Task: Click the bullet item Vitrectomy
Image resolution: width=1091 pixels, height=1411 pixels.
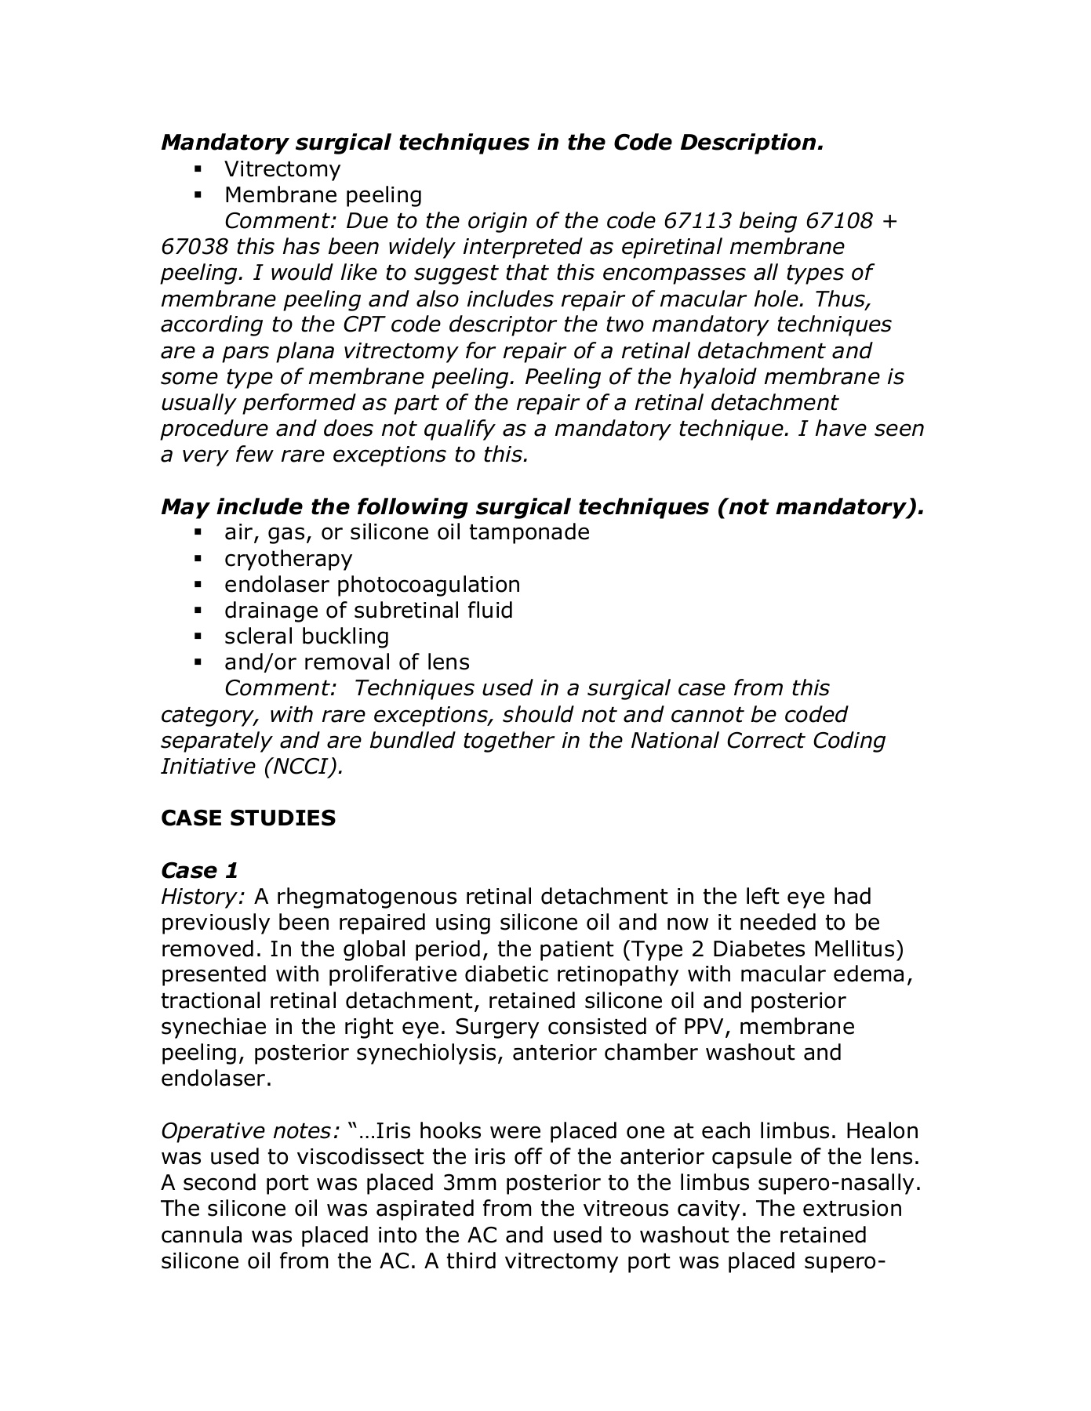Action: tap(282, 169)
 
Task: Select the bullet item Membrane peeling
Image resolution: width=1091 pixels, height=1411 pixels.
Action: tap(322, 195)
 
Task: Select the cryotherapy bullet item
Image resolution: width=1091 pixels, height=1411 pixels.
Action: tap(288, 558)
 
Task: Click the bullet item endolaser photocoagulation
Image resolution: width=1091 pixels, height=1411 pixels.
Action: tap(372, 585)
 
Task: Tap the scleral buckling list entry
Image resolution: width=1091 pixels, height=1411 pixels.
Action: tap(306, 637)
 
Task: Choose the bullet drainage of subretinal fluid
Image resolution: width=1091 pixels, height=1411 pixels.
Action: tap(368, 611)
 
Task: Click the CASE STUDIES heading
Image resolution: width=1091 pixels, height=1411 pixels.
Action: tap(248, 818)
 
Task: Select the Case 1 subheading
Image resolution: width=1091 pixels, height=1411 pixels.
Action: tap(199, 871)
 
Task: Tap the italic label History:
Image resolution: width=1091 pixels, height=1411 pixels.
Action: tap(203, 897)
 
